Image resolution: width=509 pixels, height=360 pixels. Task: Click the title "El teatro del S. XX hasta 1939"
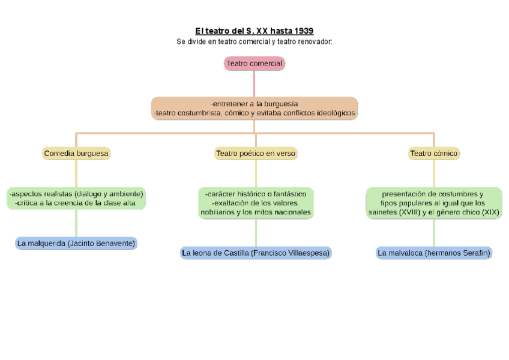click(254, 31)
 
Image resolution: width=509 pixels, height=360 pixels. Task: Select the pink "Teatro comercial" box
click(254, 64)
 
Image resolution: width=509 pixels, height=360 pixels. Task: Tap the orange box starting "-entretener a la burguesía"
click(254, 108)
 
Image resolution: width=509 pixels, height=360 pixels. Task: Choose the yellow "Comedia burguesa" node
click(76, 154)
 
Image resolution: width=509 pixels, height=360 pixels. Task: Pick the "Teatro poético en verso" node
click(256, 154)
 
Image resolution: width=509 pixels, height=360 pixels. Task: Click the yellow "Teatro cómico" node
click(434, 154)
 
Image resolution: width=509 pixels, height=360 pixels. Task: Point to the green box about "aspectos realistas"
click(76, 199)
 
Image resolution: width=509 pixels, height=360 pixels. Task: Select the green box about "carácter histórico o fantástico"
click(256, 203)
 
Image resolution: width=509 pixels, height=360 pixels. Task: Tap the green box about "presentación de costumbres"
click(434, 203)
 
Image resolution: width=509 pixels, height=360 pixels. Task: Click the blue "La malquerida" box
click(76, 243)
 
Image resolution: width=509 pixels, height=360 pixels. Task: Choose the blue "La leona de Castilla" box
click(256, 253)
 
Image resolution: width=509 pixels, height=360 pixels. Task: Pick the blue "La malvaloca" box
click(434, 253)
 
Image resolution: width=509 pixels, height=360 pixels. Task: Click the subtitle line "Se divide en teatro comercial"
click(254, 42)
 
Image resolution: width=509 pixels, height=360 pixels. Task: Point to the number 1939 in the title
click(303, 31)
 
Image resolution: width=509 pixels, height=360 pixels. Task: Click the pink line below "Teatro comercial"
click(254, 83)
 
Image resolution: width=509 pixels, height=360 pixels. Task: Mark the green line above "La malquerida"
click(76, 223)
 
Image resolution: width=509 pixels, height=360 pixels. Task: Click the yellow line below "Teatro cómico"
click(434, 173)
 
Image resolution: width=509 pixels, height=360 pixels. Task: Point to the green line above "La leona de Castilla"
click(256, 232)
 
